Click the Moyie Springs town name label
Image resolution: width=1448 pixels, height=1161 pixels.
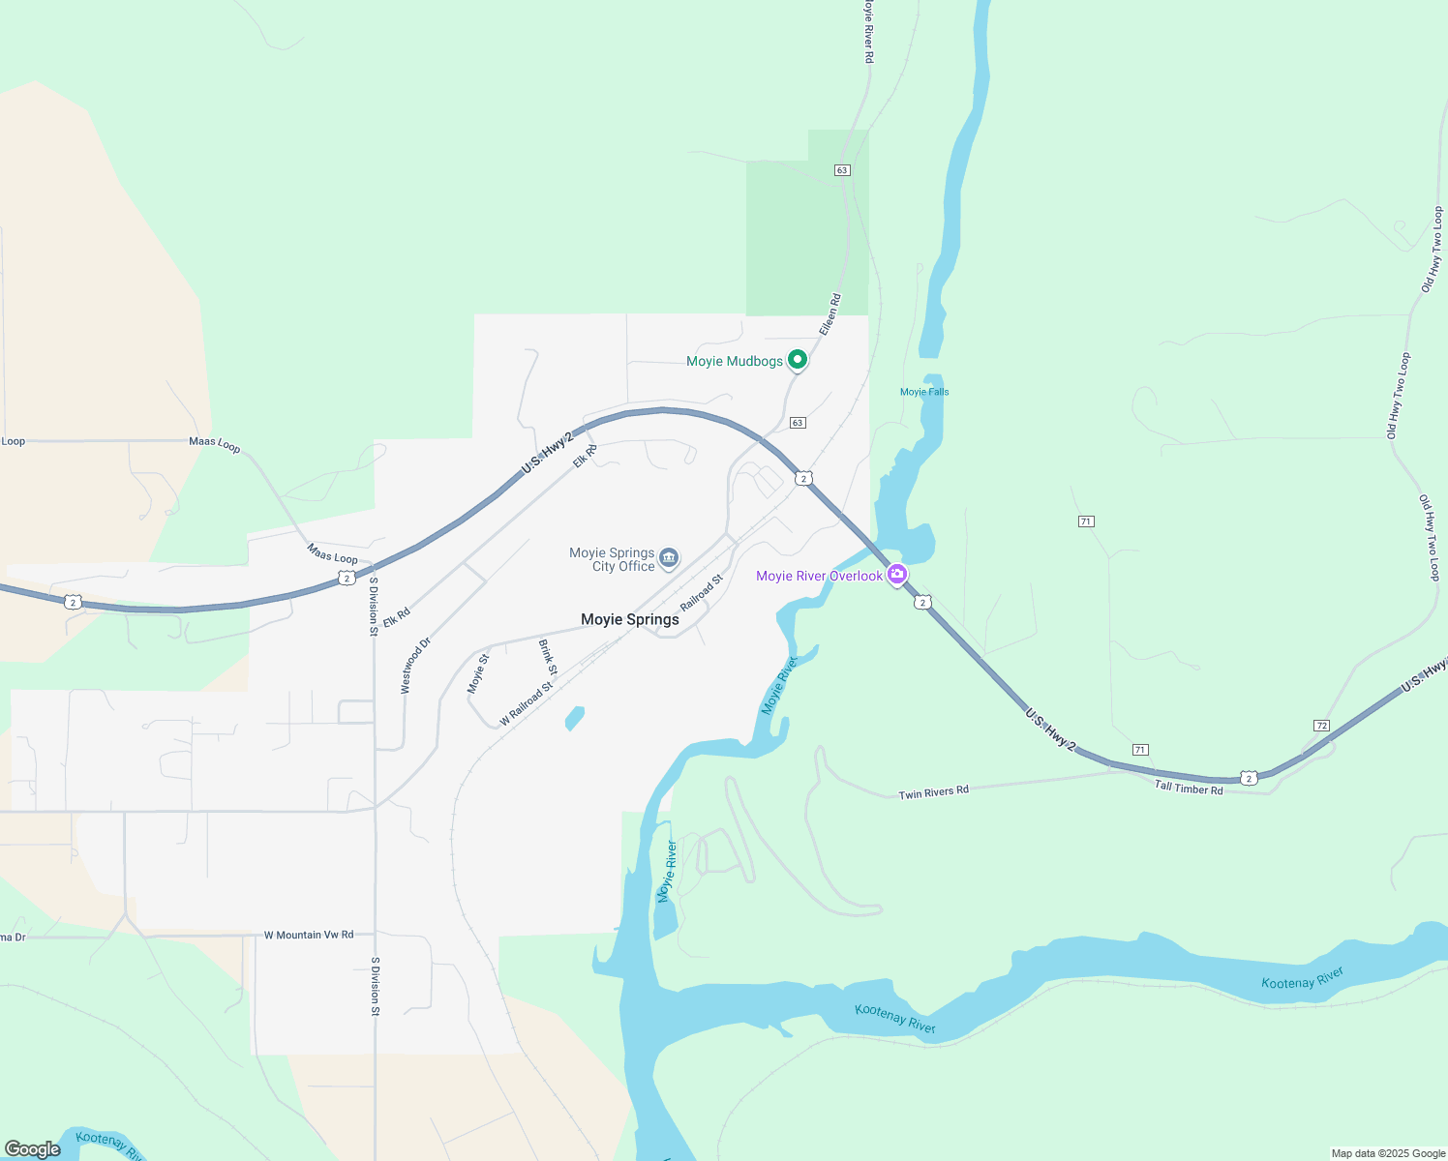[x=629, y=619]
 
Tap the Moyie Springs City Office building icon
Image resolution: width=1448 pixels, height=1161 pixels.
[x=669, y=558]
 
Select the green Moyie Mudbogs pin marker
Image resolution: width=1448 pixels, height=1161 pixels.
[x=797, y=360]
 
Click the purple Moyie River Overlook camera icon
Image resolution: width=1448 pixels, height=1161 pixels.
[x=896, y=575]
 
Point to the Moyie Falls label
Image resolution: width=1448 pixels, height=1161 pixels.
[x=924, y=392]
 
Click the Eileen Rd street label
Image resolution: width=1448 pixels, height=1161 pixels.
[x=830, y=315]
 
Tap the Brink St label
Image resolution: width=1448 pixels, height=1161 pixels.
[x=548, y=658]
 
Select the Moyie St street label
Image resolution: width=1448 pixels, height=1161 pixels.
[x=478, y=673]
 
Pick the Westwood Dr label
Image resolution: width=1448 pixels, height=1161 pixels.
[x=416, y=666]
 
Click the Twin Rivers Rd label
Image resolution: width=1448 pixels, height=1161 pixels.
[x=933, y=793]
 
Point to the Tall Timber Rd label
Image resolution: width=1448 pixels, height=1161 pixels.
[x=1189, y=789]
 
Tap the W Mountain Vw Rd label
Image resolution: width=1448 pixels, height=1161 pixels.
[x=309, y=936]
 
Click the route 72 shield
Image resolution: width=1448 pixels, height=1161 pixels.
[x=1321, y=726]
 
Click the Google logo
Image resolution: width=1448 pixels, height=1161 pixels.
[x=32, y=1149]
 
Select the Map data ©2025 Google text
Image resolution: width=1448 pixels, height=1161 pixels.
[x=1388, y=1153]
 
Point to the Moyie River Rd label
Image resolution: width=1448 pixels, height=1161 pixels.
[x=868, y=33]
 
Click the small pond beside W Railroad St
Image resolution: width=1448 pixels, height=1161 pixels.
[x=575, y=718]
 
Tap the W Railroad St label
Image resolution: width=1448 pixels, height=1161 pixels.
[x=527, y=704]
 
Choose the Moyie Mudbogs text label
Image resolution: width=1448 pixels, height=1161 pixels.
[x=734, y=361]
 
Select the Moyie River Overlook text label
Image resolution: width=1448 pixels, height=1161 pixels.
[x=819, y=576]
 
